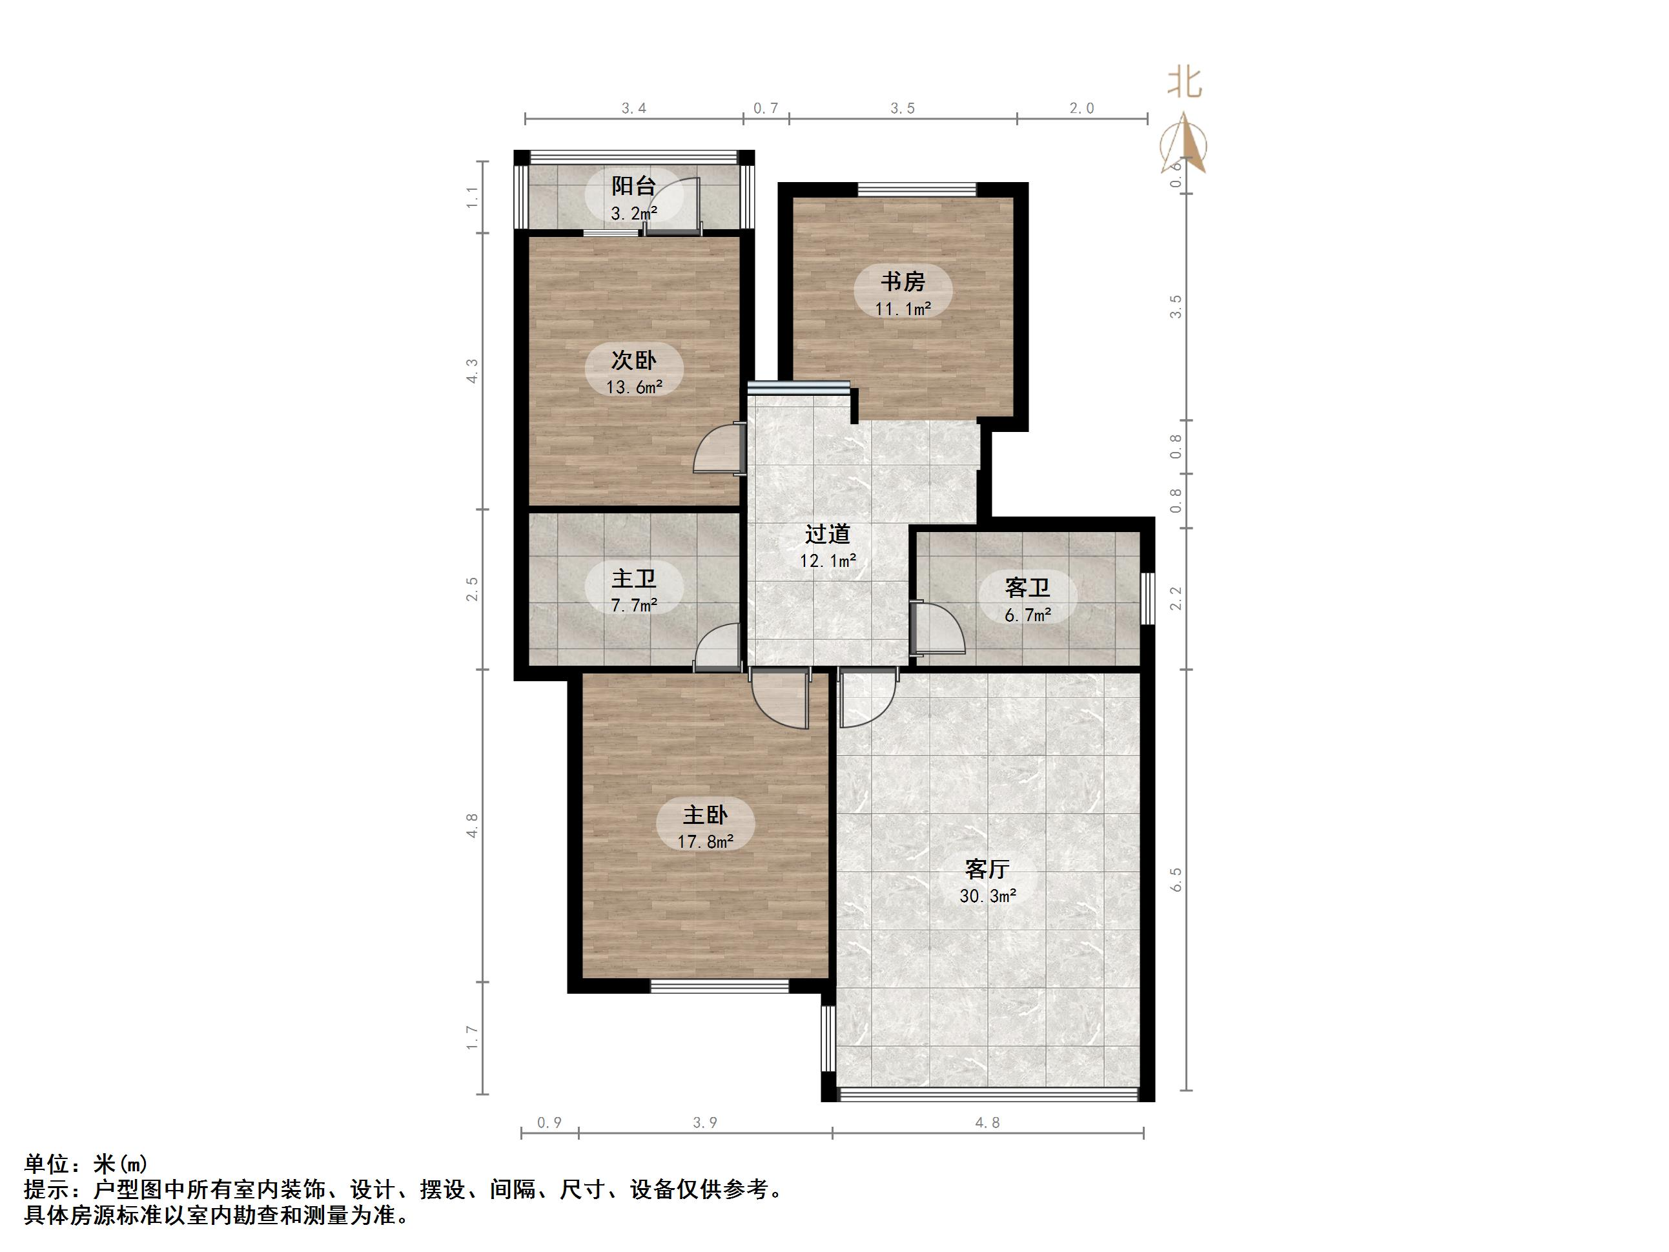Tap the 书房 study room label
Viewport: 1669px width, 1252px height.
point(903,282)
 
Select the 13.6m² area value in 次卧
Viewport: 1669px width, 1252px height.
point(634,387)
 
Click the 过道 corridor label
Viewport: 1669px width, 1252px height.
point(827,534)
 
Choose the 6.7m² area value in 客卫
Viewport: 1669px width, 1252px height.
point(1027,615)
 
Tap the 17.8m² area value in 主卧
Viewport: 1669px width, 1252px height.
point(704,841)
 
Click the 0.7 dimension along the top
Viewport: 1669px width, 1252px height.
point(765,108)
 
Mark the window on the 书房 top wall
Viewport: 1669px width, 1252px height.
point(916,189)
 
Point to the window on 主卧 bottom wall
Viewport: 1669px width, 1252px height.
point(719,985)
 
